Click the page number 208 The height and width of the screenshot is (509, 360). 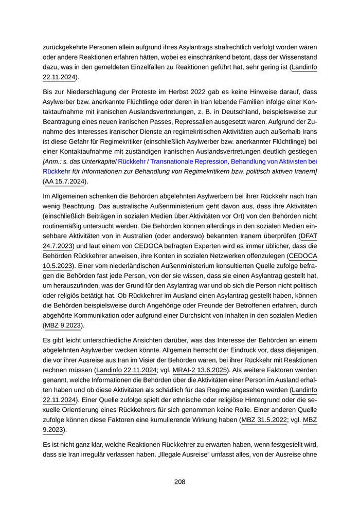179,482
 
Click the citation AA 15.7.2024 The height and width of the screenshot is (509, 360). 66,181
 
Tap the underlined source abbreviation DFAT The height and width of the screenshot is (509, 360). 308,236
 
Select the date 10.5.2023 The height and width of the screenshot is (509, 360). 58,266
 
